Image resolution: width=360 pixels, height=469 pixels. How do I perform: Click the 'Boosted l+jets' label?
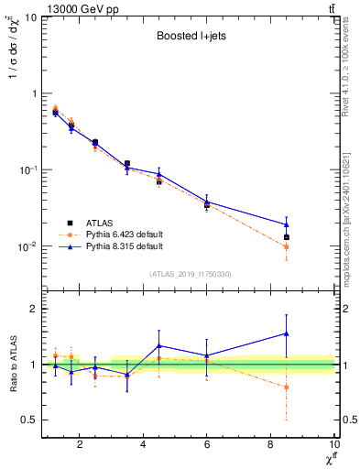pyautogui.click(x=189, y=38)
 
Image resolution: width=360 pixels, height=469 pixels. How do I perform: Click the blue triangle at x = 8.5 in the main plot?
pyautogui.click(x=287, y=224)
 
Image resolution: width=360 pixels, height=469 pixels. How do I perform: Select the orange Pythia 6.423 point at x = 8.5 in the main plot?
pyautogui.click(x=287, y=246)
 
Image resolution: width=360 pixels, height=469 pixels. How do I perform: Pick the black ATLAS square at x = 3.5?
pyautogui.click(x=127, y=164)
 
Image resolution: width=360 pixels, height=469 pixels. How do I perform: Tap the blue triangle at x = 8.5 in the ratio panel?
pyautogui.click(x=287, y=333)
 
